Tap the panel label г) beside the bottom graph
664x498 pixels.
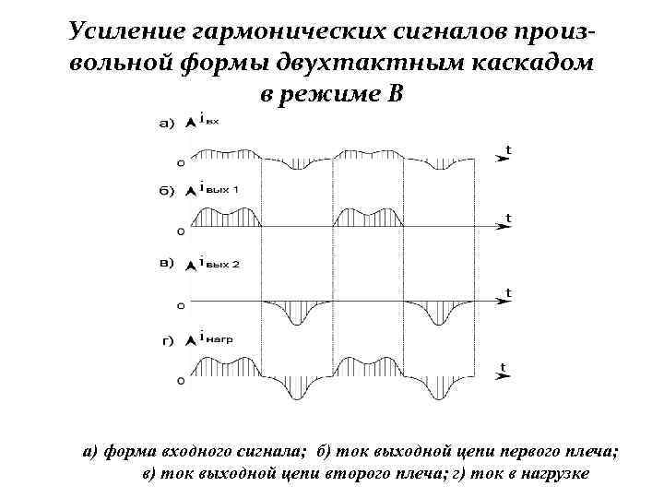[x=168, y=339]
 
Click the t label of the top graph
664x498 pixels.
[x=508, y=148]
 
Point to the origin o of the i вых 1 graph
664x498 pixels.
[x=180, y=231]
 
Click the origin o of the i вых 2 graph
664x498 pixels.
[x=180, y=303]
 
